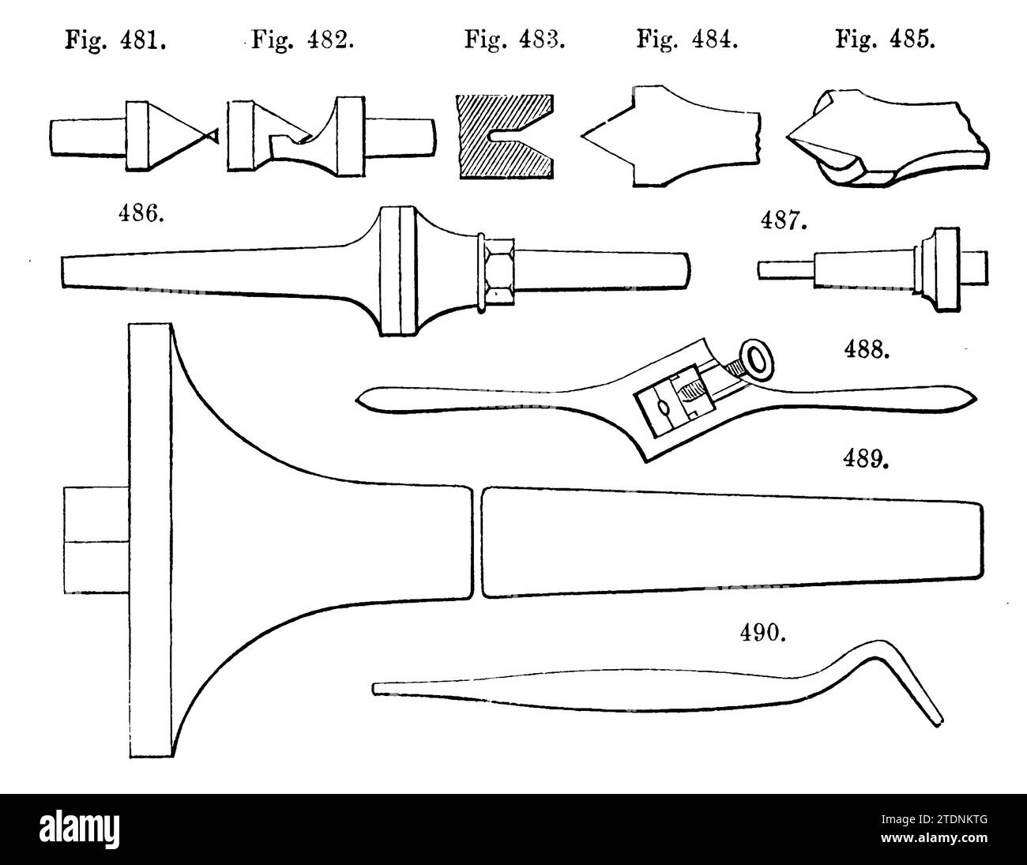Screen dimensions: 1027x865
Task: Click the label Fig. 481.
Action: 115,40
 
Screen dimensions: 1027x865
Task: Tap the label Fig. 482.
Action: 303,39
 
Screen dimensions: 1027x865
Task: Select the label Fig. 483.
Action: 515,39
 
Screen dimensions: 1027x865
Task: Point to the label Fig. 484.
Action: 687,39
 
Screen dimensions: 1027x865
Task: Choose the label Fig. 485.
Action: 886,39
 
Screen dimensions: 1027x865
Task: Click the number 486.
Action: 141,214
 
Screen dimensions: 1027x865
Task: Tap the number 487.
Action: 784,220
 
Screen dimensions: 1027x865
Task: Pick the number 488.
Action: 867,350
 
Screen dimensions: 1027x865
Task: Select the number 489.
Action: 866,459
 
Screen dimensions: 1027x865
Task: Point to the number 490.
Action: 763,634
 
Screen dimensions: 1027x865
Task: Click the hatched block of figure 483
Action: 506,137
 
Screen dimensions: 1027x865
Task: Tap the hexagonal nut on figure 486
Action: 499,272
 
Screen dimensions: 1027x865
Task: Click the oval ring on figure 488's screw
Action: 757,363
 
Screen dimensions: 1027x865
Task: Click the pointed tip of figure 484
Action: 583,136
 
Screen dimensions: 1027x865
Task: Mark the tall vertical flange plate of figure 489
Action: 151,540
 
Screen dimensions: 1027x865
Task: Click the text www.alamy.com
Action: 934,838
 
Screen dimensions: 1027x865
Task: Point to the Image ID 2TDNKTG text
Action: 934,819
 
